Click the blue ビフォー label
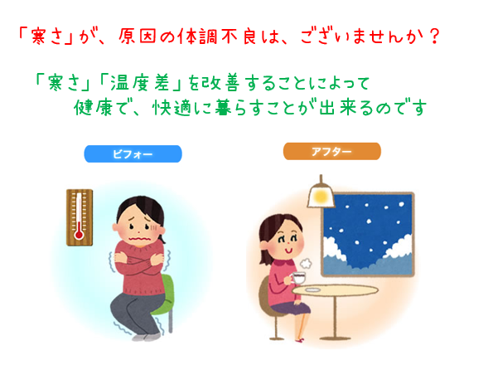point(133,153)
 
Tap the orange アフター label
point(332,151)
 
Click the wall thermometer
point(80,217)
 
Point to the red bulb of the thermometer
point(79,235)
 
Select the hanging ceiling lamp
point(321,192)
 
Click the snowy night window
point(368,234)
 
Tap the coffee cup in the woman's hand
point(298,278)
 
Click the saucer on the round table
point(312,290)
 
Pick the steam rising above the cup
point(306,263)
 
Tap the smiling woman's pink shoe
point(300,340)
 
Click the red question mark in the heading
point(434,36)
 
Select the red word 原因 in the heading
point(138,36)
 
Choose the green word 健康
point(93,108)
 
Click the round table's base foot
point(335,338)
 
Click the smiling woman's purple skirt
point(292,308)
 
